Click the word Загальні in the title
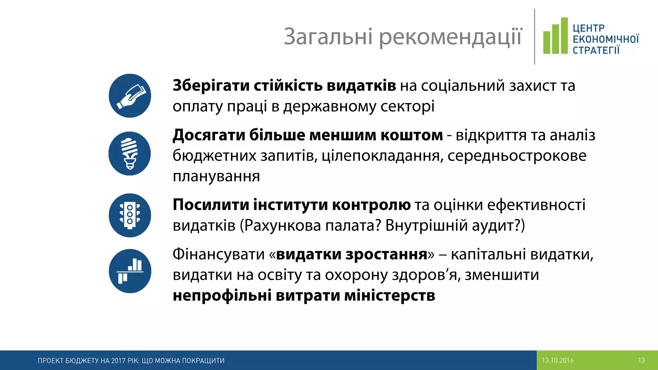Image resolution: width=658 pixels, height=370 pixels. (x=328, y=37)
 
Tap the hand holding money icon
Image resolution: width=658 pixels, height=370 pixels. (x=130, y=96)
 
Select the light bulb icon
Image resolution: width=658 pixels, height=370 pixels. (x=129, y=154)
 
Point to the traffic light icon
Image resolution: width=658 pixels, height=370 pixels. (x=130, y=215)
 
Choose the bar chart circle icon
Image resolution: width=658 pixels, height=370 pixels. (x=130, y=271)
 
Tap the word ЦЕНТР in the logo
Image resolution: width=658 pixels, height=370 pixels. (x=589, y=28)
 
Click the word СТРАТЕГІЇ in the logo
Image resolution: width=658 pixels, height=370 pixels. (x=596, y=50)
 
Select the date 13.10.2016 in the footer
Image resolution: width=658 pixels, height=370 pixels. (x=557, y=360)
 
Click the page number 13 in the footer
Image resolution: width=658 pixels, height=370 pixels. (x=641, y=360)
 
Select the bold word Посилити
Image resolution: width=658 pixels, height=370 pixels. (x=211, y=205)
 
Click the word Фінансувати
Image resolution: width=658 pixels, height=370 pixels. (x=218, y=254)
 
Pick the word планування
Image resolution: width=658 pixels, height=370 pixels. (x=216, y=176)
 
